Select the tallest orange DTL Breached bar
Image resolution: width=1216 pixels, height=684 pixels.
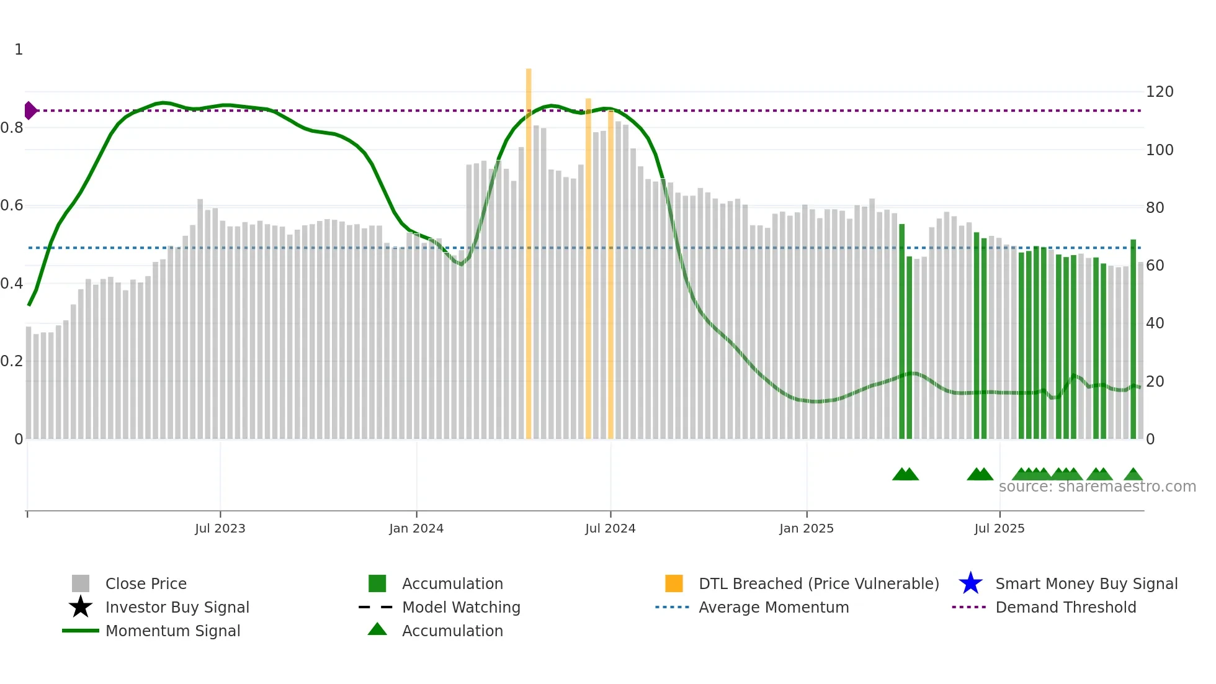pos(529,254)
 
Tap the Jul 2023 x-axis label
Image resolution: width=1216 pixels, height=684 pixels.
pos(220,528)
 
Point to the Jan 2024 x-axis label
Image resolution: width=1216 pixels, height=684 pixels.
pos(416,528)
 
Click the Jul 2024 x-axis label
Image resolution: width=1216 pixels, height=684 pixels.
pos(610,528)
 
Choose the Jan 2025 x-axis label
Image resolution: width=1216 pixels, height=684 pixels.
pos(807,528)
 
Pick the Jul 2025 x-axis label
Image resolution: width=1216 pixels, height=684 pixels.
pos(999,528)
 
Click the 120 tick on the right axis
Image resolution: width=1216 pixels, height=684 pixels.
pos(1160,92)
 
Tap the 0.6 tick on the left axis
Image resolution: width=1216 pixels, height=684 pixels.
pos(12,205)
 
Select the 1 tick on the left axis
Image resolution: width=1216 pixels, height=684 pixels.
pos(19,50)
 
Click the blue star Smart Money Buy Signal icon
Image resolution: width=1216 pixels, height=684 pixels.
pos(970,583)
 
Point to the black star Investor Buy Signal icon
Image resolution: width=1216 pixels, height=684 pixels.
pos(81,607)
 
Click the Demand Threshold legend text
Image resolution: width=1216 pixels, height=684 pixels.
pos(1065,607)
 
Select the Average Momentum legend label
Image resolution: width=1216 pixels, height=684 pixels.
pos(774,607)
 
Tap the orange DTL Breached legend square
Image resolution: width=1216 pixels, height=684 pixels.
pos(674,583)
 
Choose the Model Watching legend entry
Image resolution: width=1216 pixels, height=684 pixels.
pos(461,607)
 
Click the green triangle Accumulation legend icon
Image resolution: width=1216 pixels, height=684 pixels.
pos(377,629)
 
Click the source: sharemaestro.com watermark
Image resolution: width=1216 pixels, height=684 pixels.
pos(1097,487)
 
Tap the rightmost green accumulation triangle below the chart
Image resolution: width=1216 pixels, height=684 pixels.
pos(1133,475)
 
